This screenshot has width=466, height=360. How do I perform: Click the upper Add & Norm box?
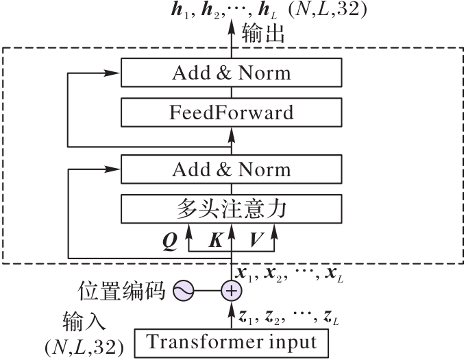pos(231,73)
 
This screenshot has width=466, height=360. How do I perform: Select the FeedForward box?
pos(231,112)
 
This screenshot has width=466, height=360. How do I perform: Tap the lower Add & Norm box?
pos(231,169)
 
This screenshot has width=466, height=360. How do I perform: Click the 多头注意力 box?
pos(231,209)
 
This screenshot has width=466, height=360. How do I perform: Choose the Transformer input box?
pos(232,343)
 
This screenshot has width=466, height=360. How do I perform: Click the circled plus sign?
pos(232,291)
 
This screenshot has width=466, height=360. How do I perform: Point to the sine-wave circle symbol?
pos(184,291)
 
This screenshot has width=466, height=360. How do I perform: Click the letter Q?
pos(170,241)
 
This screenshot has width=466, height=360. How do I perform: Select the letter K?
pos(216,240)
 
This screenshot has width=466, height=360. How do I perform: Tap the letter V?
pos(256,240)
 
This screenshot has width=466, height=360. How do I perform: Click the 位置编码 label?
pos(121,291)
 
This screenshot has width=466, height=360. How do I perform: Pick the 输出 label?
pos(263,34)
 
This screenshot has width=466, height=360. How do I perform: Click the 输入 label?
pos(84,322)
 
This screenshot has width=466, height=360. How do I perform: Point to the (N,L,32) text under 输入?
pos(84,347)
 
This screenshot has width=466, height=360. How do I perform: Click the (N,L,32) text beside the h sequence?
pos(328,9)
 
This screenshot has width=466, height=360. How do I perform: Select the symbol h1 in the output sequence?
pos(180,10)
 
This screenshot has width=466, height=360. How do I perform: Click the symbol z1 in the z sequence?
pos(246,318)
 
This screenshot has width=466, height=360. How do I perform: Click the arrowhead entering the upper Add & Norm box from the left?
pos(112,73)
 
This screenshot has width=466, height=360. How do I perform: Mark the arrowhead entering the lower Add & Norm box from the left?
pos(112,169)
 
